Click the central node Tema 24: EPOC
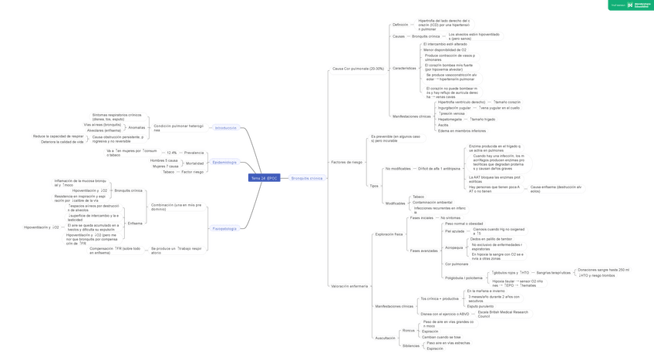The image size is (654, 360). tap(264, 178)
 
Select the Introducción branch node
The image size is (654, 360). tap(226, 128)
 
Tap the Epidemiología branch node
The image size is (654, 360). tap(224, 163)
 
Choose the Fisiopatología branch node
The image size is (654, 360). tap(224, 229)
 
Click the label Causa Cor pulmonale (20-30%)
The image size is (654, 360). tap(358, 69)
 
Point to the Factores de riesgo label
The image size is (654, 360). tap(346, 162)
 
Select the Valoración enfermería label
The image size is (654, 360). tap(349, 286)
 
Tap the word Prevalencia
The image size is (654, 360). tap(194, 153)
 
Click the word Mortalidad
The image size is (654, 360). tap(194, 163)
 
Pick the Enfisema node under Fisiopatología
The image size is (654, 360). tap(135, 224)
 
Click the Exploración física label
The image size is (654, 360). tap(389, 234)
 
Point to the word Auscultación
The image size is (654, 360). tap(385, 338)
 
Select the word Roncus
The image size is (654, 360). tap(408, 331)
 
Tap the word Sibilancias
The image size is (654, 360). tap(411, 345)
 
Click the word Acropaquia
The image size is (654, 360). tap(453, 247)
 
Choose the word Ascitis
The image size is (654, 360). tap(443, 125)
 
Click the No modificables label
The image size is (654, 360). tap(398, 168)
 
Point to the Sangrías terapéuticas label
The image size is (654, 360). tap(554, 272)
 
